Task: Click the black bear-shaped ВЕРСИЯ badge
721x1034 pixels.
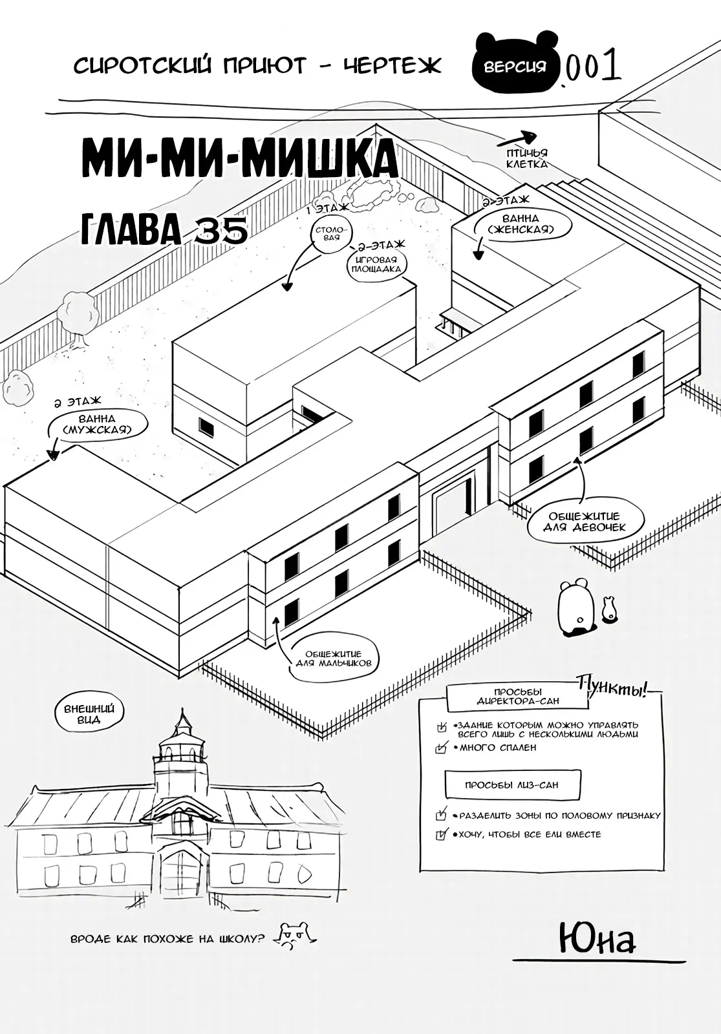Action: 515,64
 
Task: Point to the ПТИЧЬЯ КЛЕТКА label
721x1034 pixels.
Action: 527,158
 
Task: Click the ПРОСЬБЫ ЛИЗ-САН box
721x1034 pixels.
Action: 511,785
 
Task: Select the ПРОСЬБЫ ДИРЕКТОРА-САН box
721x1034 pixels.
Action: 517,696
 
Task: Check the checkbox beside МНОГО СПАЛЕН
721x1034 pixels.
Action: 442,748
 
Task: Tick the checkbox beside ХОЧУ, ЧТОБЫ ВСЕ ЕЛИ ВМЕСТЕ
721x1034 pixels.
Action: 441,835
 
